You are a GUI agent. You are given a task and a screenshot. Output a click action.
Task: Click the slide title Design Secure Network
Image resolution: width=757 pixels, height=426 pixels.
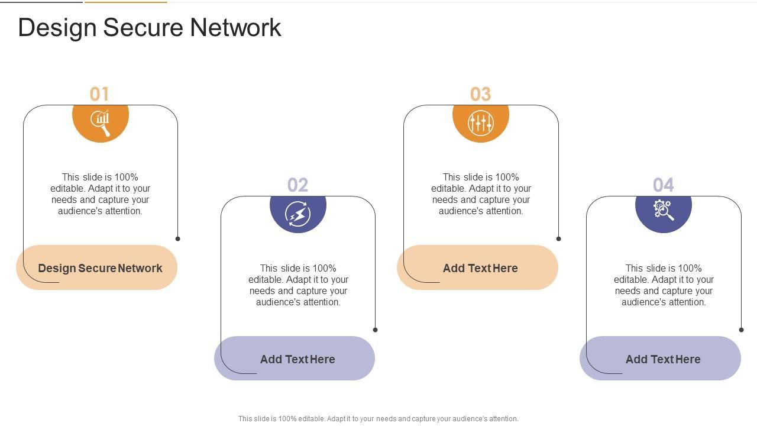150,28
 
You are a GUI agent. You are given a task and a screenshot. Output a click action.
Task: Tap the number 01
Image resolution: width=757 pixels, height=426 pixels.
99,94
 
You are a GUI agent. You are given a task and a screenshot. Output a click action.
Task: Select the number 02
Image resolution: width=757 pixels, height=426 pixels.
297,185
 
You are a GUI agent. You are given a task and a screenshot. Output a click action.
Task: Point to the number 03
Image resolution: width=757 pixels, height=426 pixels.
481,94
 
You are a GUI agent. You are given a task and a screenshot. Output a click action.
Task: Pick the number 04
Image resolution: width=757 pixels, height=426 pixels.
664,185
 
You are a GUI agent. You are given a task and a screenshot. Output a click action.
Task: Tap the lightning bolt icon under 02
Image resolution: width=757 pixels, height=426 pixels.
298,214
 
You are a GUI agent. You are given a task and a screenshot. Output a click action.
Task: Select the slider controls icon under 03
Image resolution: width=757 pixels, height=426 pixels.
481,122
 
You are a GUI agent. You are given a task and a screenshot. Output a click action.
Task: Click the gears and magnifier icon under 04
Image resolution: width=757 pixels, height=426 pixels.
664,210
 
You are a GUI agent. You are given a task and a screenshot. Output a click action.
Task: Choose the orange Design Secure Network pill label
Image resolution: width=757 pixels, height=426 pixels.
100,268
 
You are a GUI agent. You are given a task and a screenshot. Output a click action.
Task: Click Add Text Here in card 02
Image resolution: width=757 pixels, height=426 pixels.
297,359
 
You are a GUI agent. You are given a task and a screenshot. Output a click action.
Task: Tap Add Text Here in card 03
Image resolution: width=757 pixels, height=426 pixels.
480,268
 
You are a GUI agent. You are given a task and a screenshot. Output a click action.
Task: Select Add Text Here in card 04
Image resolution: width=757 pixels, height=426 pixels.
663,359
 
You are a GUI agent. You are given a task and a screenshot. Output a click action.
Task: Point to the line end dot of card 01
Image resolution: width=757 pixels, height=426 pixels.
178,238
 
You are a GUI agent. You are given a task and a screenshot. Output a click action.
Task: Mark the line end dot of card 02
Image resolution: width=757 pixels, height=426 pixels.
375,330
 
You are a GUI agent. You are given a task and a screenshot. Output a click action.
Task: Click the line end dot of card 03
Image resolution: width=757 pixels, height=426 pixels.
559,238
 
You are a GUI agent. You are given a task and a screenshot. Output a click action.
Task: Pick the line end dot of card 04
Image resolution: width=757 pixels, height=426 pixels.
741,330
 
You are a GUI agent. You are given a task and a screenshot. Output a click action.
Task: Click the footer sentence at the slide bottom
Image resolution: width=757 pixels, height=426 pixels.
378,418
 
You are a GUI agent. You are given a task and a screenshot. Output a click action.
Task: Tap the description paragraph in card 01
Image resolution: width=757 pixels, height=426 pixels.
100,194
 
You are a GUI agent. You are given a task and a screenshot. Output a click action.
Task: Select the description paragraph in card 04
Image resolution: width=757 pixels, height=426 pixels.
664,285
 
